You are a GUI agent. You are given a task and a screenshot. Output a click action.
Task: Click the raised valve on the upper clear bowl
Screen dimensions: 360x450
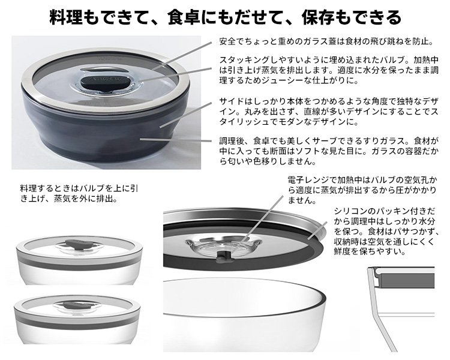78,243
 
